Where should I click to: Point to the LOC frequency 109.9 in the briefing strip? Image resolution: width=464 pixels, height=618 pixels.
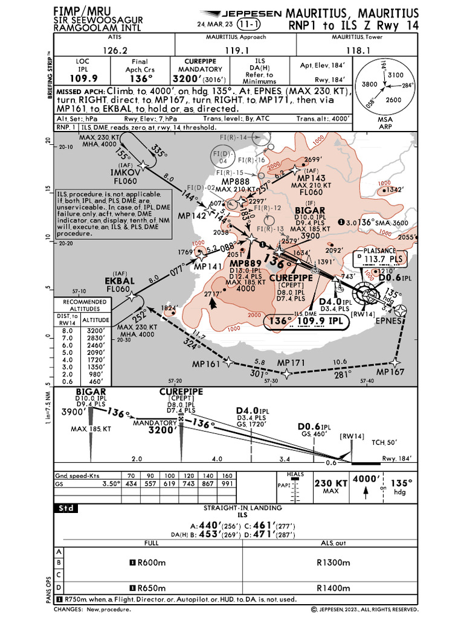tap(82, 78)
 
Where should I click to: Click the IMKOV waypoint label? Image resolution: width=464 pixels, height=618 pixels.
tap(126, 173)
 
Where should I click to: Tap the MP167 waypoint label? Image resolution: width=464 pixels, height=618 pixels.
tap(390, 372)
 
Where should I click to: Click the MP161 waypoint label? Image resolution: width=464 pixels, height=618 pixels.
tap(205, 365)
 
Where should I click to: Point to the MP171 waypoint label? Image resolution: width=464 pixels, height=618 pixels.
tap(292, 363)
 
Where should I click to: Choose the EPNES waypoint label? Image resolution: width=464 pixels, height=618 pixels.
tap(388, 321)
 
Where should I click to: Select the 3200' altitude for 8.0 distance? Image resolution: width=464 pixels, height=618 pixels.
tap(97, 331)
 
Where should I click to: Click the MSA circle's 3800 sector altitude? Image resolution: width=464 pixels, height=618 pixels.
tap(369, 85)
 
